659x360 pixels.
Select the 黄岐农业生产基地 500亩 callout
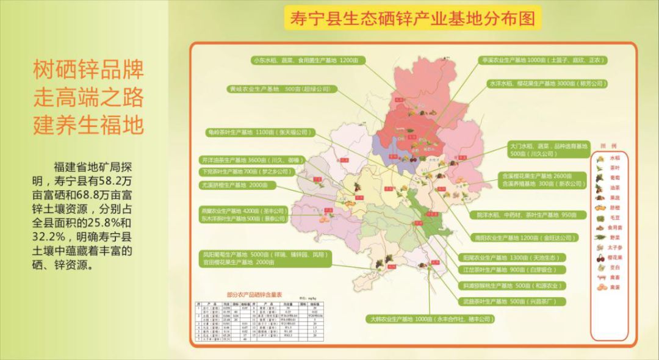coord(279,89)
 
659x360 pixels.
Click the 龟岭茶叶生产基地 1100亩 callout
coord(258,132)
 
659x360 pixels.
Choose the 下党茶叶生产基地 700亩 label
coord(244,171)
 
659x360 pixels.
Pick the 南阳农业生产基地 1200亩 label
coord(524,237)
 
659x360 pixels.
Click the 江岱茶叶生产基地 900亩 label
coord(511,269)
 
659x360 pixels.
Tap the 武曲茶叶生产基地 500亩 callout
coord(511,301)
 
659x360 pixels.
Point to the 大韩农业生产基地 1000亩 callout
coord(430,319)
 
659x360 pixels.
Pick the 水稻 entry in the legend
coord(607,157)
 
